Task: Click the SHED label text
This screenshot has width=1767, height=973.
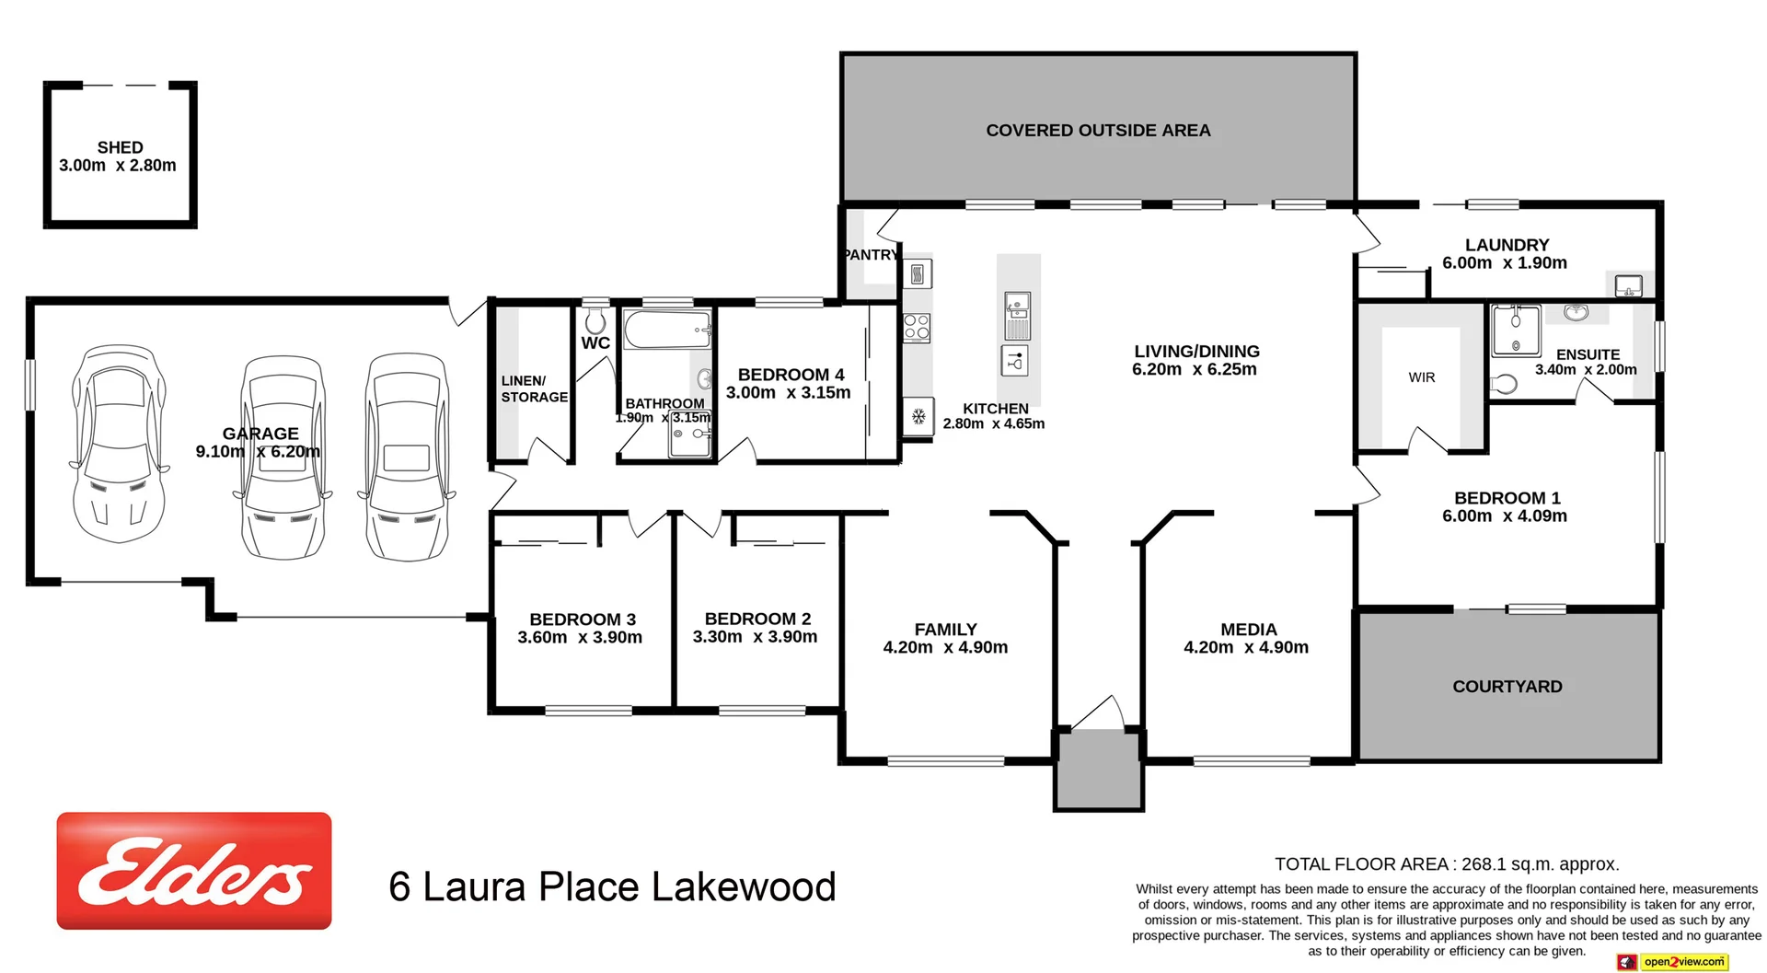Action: (120, 147)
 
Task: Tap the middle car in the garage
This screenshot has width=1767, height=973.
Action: (283, 458)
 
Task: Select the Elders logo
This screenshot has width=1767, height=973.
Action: (194, 870)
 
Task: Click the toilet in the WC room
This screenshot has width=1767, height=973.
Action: (595, 321)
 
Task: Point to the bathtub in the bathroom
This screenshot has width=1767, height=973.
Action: (667, 330)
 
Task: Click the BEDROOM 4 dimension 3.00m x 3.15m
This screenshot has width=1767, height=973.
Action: (788, 393)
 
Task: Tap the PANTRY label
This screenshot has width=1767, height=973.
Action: (870, 255)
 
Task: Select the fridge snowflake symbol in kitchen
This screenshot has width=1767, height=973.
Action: (918, 417)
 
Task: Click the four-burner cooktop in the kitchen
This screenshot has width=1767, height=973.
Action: (917, 328)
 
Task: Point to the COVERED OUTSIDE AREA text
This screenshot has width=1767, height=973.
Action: (1098, 131)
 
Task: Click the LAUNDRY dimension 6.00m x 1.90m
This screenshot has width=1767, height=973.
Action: (1504, 263)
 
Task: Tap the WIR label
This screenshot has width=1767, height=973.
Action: (1421, 377)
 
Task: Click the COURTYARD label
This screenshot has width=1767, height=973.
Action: (1507, 687)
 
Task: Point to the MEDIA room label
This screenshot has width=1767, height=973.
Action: (1248, 630)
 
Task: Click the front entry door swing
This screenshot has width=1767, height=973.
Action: (1098, 713)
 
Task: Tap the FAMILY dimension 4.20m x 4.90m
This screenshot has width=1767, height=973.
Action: (945, 648)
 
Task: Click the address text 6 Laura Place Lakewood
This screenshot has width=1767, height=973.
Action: (612, 887)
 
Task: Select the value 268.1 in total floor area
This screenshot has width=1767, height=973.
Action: (1484, 864)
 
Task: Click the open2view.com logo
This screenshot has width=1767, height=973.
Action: (1672, 962)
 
